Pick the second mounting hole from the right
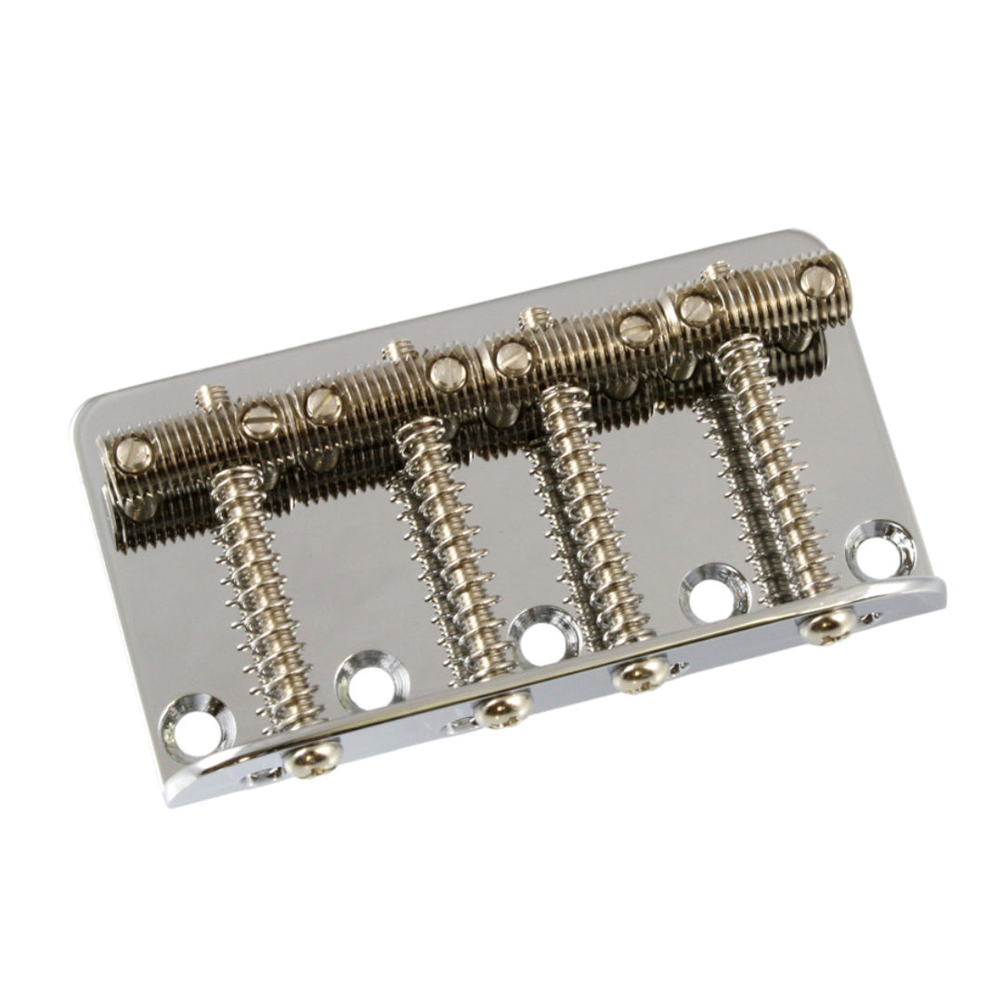[x=713, y=591]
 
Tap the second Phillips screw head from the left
[x=502, y=709]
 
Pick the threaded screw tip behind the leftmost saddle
[x=211, y=397]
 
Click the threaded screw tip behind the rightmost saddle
[x=716, y=274]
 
